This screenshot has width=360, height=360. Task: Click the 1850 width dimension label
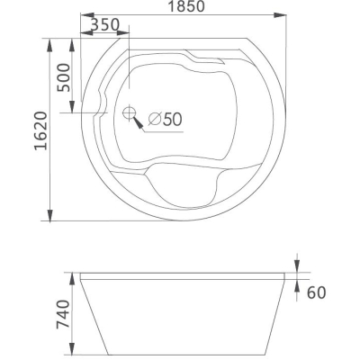pos(186,6)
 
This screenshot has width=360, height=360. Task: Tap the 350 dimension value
pos(104,24)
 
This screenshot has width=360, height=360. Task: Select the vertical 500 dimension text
pos(64,77)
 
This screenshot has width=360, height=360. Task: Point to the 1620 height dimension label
pos(41,130)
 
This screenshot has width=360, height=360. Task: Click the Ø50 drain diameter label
pos(166,119)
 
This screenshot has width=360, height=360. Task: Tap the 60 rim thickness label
pos(316,292)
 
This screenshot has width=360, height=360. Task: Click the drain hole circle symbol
pos(130,113)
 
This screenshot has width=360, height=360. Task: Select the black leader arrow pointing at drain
pos(138,123)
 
